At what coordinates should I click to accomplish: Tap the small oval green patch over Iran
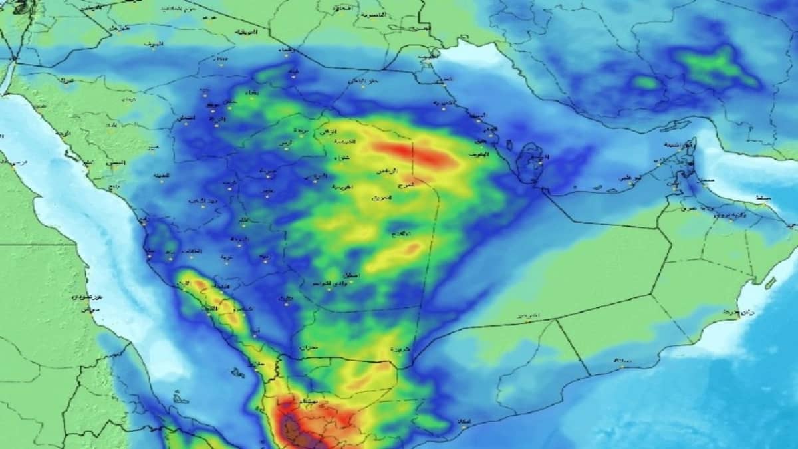tap(645, 83)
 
